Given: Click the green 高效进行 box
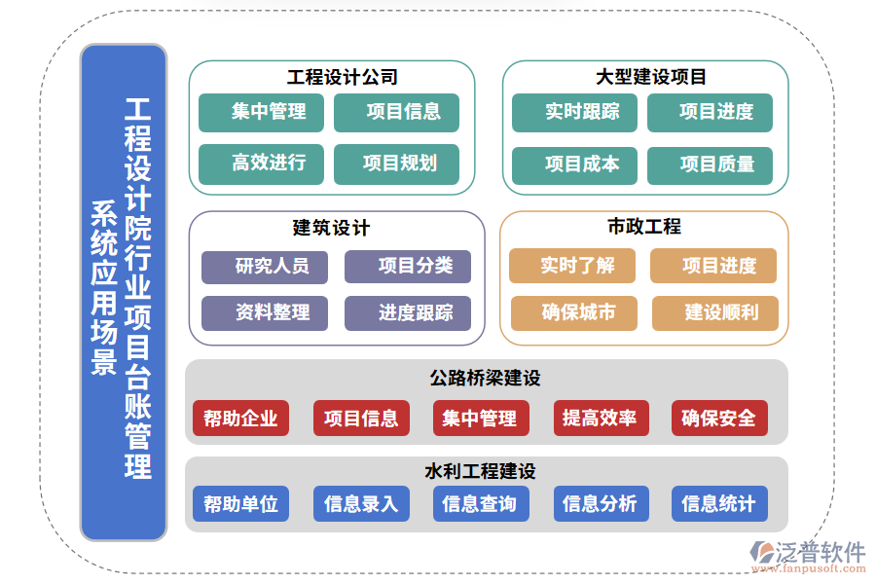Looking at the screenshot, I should click(269, 164).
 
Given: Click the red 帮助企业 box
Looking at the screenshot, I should click(240, 419).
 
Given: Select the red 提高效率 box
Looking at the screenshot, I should click(600, 419).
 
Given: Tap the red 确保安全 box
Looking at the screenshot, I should click(718, 419).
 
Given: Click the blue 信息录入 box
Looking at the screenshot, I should click(361, 504).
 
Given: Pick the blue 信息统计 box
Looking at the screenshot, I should click(718, 504).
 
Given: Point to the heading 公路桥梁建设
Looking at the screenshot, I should click(485, 378).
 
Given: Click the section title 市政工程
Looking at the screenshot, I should click(643, 227).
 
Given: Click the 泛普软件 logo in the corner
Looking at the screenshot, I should click(807, 556).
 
